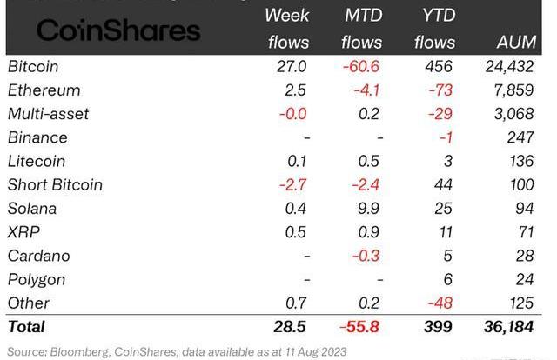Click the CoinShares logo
(x=118, y=31)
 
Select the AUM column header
(x=521, y=41)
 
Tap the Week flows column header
(x=286, y=28)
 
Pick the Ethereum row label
(x=44, y=90)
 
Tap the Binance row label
(x=37, y=137)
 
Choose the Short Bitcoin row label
(x=55, y=184)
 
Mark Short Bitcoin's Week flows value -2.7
(x=292, y=184)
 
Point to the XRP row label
(x=24, y=232)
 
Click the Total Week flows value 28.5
(x=291, y=327)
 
